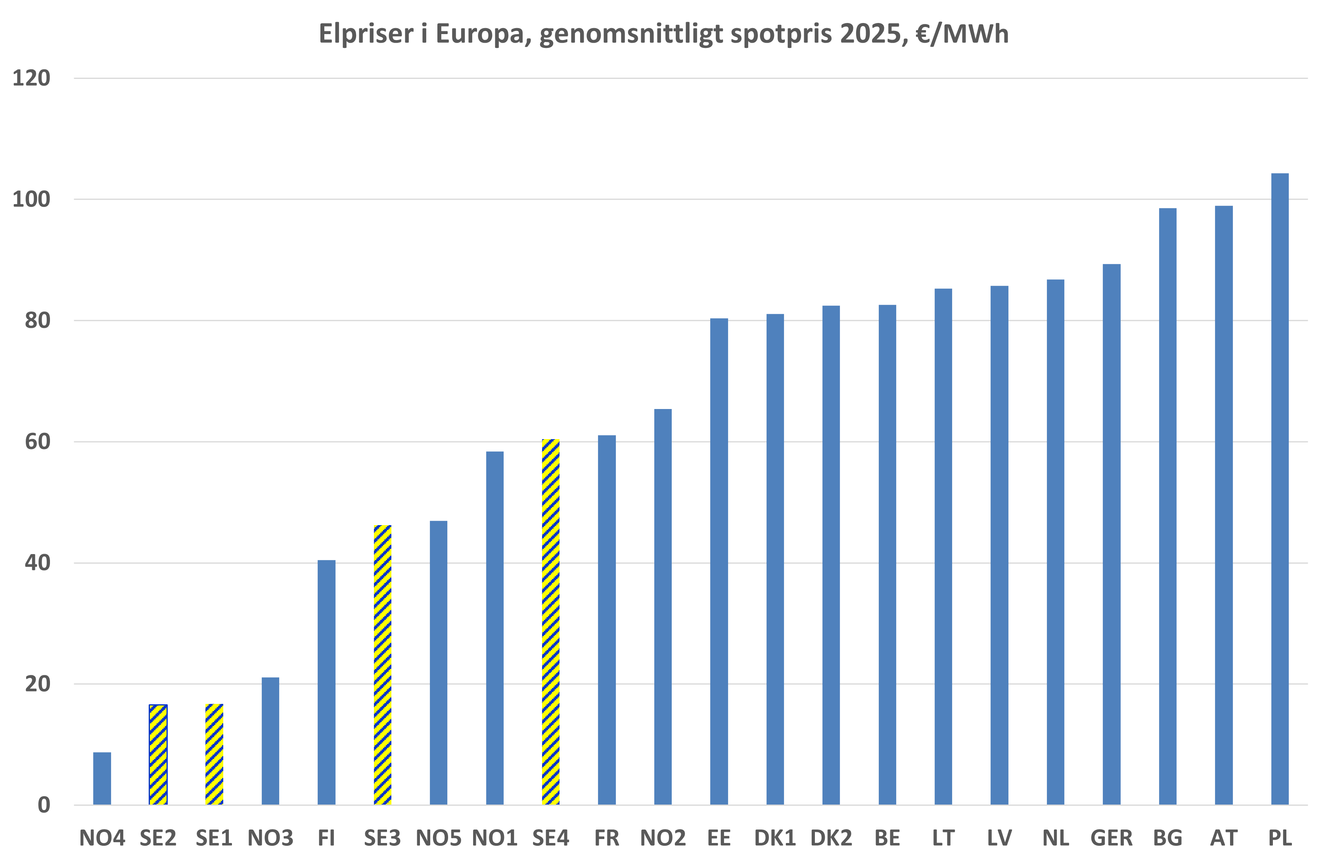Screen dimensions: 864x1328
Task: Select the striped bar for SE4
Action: pos(551,621)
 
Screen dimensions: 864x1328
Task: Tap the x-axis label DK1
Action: pos(775,838)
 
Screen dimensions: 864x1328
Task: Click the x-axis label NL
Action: pos(1055,838)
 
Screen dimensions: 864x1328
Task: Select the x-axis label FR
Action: pos(607,838)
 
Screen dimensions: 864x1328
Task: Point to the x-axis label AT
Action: pos(1224,838)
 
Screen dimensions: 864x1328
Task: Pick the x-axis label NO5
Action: pos(439,838)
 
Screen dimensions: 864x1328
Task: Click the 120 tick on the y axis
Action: pos(31,78)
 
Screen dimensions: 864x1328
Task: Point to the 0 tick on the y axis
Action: pos(44,805)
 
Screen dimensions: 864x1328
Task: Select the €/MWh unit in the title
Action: pos(962,33)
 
